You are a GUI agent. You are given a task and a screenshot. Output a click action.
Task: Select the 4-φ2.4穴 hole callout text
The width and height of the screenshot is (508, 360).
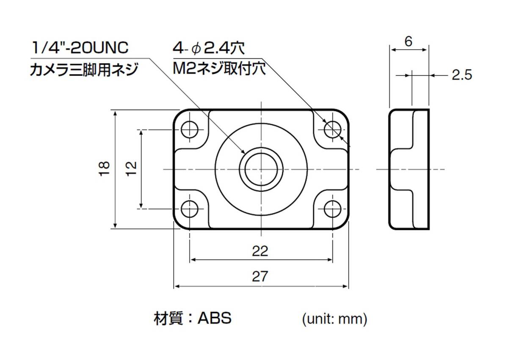click(x=209, y=48)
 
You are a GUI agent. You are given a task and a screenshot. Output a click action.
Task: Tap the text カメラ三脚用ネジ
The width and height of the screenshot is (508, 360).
click(x=83, y=69)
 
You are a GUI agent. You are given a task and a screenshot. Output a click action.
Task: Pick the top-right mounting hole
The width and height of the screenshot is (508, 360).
click(x=333, y=129)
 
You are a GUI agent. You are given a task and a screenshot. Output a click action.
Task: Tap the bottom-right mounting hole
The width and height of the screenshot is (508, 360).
click(x=333, y=208)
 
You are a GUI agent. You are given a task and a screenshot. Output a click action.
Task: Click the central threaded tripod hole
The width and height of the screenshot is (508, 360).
click(x=261, y=169)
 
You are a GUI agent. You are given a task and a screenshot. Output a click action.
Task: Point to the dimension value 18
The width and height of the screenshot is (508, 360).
click(x=106, y=168)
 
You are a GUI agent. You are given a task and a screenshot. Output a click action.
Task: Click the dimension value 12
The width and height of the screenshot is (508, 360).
click(x=132, y=168)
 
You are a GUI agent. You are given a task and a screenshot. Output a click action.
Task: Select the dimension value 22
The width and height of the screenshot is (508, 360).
click(x=260, y=251)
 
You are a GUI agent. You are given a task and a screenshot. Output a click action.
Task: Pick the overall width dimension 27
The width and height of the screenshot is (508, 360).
click(x=260, y=277)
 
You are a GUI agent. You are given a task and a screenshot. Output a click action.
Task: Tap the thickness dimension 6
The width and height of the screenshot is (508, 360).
click(x=409, y=41)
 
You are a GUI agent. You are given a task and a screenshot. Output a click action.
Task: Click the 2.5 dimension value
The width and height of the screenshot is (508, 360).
click(x=461, y=75)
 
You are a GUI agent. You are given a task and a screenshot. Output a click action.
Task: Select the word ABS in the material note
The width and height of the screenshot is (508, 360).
click(x=215, y=318)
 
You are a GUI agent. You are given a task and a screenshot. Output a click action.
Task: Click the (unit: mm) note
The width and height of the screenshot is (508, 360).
click(x=334, y=319)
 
